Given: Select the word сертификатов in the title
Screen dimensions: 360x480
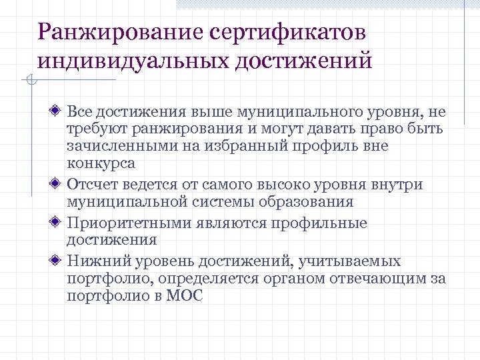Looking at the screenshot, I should (288, 31).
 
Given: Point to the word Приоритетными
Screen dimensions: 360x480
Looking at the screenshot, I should (131, 223).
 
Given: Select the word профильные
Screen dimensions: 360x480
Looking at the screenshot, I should (325, 223).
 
